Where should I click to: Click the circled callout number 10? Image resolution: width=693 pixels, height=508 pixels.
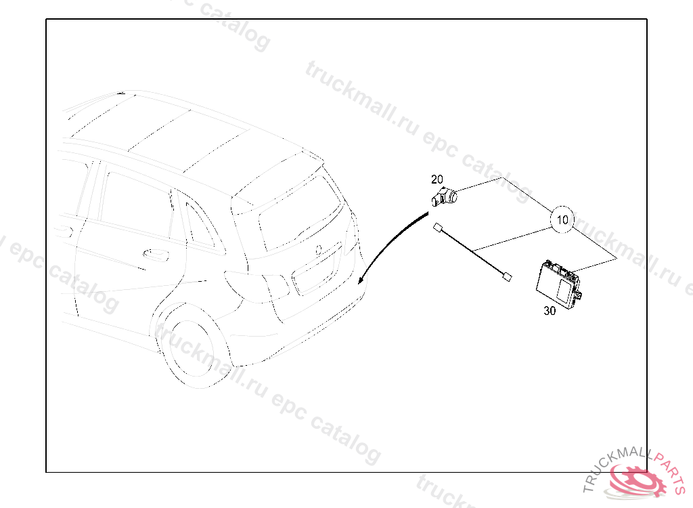coord(562,220)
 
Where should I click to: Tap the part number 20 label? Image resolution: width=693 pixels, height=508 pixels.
coord(437,179)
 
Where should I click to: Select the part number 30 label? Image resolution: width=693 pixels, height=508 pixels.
coord(550,311)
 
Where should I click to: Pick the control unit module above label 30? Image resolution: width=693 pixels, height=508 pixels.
coord(558,284)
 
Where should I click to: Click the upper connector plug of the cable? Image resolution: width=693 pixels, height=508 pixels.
coord(439,228)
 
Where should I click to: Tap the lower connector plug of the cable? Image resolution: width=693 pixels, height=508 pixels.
coord(508,277)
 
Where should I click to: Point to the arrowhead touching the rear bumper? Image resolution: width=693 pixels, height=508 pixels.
coord(361,280)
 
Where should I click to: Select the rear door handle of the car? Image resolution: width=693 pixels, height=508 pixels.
coord(156,254)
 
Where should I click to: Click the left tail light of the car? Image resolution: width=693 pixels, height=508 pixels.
coord(256,287)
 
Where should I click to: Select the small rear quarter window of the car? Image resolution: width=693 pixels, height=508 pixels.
coord(199,226)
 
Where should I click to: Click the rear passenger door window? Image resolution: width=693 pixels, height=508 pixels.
coord(135,205)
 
